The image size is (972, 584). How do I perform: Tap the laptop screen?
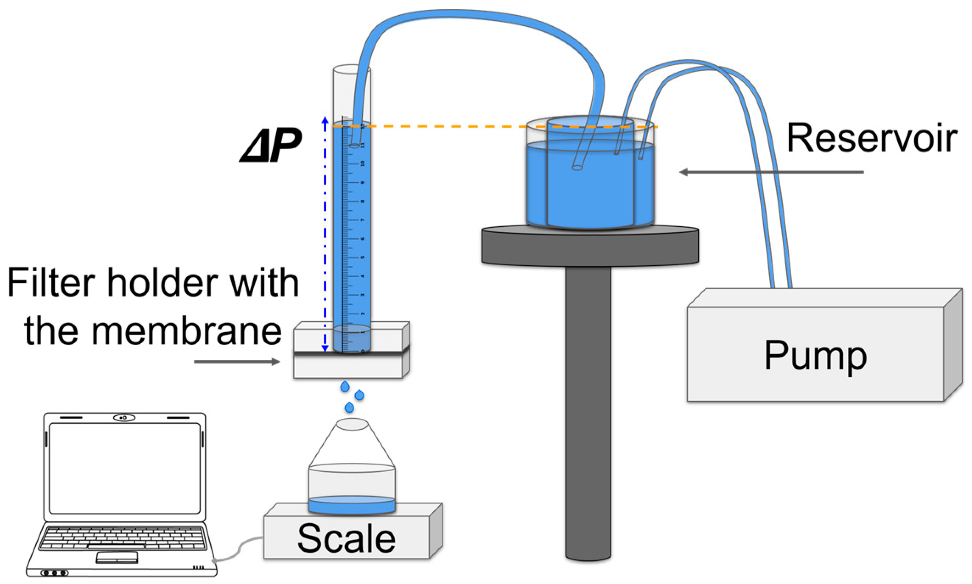click(x=124, y=468)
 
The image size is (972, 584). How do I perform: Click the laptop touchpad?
click(x=117, y=557)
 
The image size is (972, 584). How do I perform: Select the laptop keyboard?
click(x=123, y=538)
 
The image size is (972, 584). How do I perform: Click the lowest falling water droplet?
click(x=349, y=407)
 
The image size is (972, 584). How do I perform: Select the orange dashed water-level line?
click(x=467, y=126)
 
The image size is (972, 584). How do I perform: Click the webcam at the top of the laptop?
click(x=124, y=418)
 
